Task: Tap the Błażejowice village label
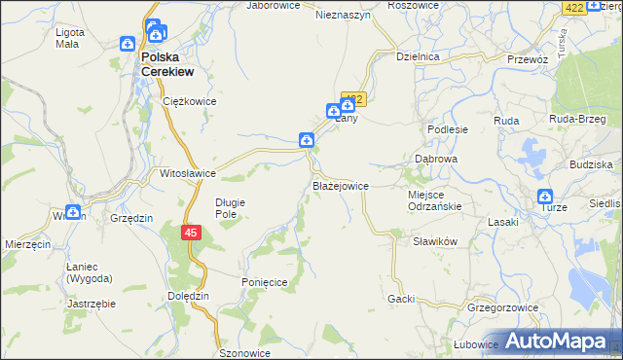[x=340, y=185]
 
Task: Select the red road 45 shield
[x=191, y=234]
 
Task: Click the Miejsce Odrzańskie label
[x=434, y=199]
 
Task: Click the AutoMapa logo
[x=556, y=342]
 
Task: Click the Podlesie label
[x=449, y=129]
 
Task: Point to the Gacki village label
[x=401, y=299]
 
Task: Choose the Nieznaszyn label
[x=344, y=16]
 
